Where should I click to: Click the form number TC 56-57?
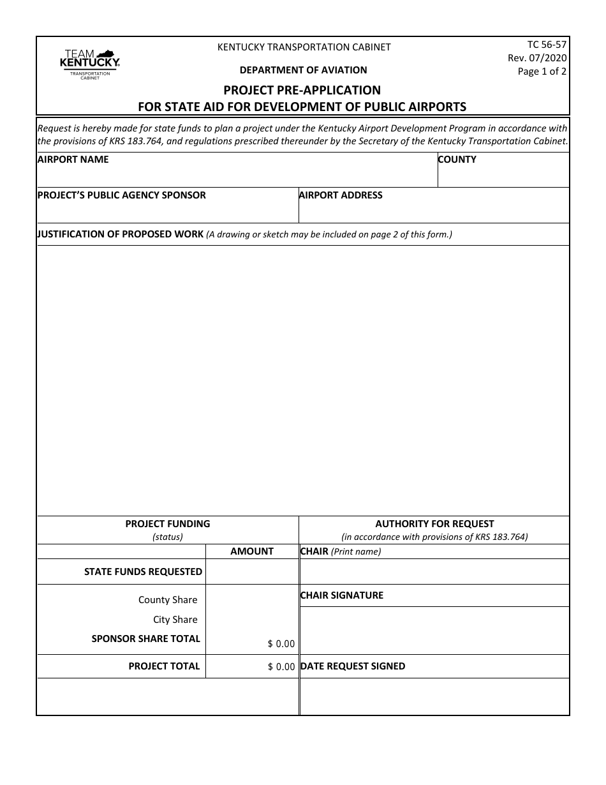click(546, 45)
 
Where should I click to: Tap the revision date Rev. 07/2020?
click(537, 58)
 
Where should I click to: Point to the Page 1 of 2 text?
click(542, 71)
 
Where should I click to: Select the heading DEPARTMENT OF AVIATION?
click(303, 70)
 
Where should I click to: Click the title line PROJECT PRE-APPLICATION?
click(302, 90)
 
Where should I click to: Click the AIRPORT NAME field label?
click(73, 160)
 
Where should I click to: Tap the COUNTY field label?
click(457, 160)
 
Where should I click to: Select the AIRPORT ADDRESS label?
click(341, 195)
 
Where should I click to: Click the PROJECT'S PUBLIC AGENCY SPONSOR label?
click(122, 195)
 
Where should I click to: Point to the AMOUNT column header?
click(252, 551)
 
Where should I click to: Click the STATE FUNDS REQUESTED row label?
click(143, 572)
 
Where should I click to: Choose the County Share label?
click(168, 600)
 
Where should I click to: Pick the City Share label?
click(175, 620)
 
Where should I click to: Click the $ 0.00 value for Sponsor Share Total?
click(281, 644)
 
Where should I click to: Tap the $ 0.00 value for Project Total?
click(281, 667)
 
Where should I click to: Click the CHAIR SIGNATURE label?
click(342, 595)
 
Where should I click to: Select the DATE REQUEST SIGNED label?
click(353, 666)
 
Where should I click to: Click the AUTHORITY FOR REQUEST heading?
click(434, 524)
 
